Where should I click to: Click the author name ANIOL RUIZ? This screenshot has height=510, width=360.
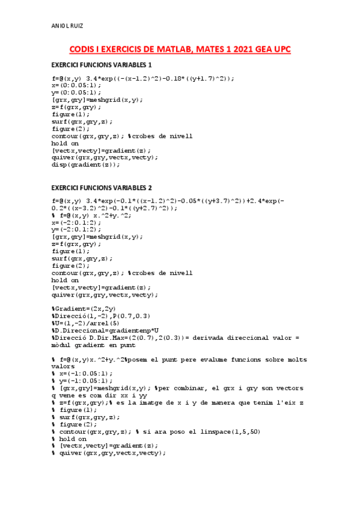click(67, 26)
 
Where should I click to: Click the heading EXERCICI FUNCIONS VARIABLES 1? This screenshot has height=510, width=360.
click(102, 64)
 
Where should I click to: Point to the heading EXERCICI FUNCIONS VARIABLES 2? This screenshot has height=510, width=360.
click(102, 187)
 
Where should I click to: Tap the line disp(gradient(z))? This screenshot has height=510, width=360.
click(86, 164)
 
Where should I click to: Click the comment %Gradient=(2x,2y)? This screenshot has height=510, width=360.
click(81, 309)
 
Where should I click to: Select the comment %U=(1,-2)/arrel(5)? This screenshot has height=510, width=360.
click(88, 323)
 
